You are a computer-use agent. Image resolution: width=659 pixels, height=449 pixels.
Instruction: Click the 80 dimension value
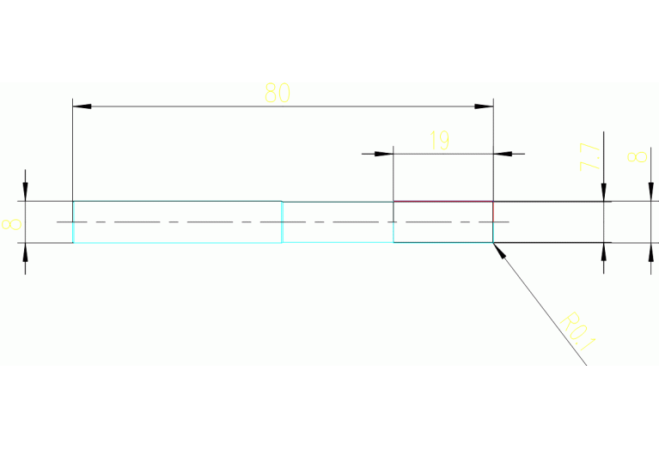(x=277, y=93)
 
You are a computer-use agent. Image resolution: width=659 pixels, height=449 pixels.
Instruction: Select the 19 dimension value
(x=439, y=141)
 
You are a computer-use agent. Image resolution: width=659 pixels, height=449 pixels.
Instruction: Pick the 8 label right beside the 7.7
(x=636, y=157)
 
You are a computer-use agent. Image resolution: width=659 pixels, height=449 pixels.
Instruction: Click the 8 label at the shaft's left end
(x=12, y=225)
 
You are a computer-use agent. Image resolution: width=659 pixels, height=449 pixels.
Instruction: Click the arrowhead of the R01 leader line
(x=498, y=248)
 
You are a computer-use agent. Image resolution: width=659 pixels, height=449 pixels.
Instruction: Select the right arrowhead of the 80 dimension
(x=485, y=106)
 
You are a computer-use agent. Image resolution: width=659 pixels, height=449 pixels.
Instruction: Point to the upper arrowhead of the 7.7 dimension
(x=605, y=193)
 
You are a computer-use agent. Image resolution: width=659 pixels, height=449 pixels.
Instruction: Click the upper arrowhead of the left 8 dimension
(x=26, y=193)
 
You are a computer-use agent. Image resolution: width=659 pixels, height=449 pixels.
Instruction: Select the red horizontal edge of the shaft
(x=442, y=202)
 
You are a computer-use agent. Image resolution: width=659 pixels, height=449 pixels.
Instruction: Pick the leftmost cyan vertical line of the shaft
(x=73, y=221)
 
